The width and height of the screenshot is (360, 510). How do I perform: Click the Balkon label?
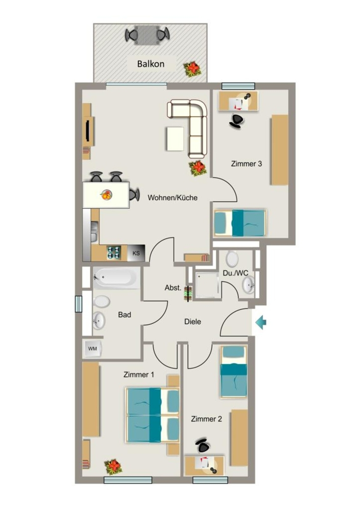tap(150, 64)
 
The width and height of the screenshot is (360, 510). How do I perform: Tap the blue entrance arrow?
tap(261, 323)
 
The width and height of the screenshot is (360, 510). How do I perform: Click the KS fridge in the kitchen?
tap(136, 253)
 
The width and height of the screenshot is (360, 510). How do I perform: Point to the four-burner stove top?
tap(114, 253)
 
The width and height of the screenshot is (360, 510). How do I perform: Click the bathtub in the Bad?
tap(117, 277)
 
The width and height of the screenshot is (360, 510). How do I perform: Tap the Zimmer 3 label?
tap(246, 163)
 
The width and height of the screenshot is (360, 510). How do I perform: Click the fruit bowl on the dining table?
tap(107, 195)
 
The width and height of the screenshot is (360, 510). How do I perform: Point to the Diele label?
tap(193, 322)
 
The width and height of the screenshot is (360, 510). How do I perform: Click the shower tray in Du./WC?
tap(207, 285)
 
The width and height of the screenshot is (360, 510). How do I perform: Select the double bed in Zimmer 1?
tap(153, 415)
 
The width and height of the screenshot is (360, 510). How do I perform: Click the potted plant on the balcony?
tap(192, 69)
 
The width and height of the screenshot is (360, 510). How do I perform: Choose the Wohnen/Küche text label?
tap(172, 197)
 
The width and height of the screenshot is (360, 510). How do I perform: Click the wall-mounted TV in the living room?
tap(88, 130)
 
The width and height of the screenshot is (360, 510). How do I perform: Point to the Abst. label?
tap(173, 287)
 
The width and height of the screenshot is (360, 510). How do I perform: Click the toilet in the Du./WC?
tap(232, 258)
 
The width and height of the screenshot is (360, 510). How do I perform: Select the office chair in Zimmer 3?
tap(237, 121)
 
